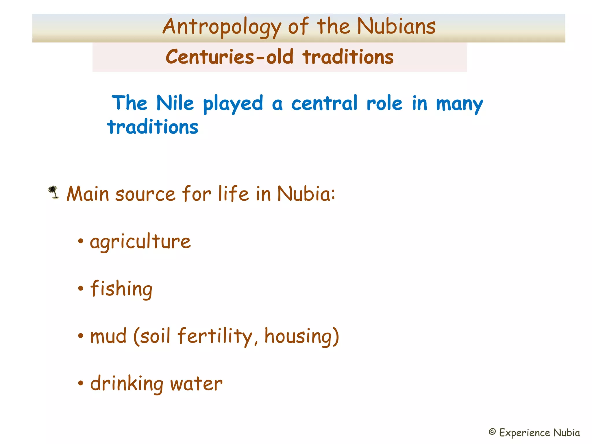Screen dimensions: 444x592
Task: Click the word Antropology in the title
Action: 221,27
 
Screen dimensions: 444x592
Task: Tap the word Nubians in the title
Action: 396,26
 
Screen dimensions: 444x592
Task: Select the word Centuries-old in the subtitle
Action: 230,57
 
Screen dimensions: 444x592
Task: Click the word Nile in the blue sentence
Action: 175,103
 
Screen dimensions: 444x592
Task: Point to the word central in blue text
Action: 324,103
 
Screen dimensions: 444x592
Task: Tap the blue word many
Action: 459,104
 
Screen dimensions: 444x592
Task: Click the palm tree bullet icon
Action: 53,193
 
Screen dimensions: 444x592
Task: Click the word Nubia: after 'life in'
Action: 306,194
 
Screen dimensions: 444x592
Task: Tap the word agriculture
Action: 140,242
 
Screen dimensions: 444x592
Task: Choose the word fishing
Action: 121,289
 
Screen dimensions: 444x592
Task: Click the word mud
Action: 108,336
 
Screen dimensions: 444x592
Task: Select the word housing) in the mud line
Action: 301,336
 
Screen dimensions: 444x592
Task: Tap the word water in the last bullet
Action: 196,384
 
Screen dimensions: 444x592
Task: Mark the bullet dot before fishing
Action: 81,288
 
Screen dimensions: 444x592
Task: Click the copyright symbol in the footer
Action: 492,432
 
